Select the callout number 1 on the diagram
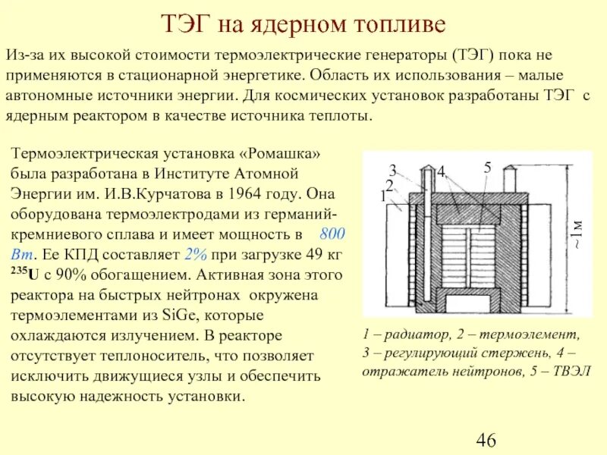(384, 196)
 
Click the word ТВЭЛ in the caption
(570, 372)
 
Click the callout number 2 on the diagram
(388, 184)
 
